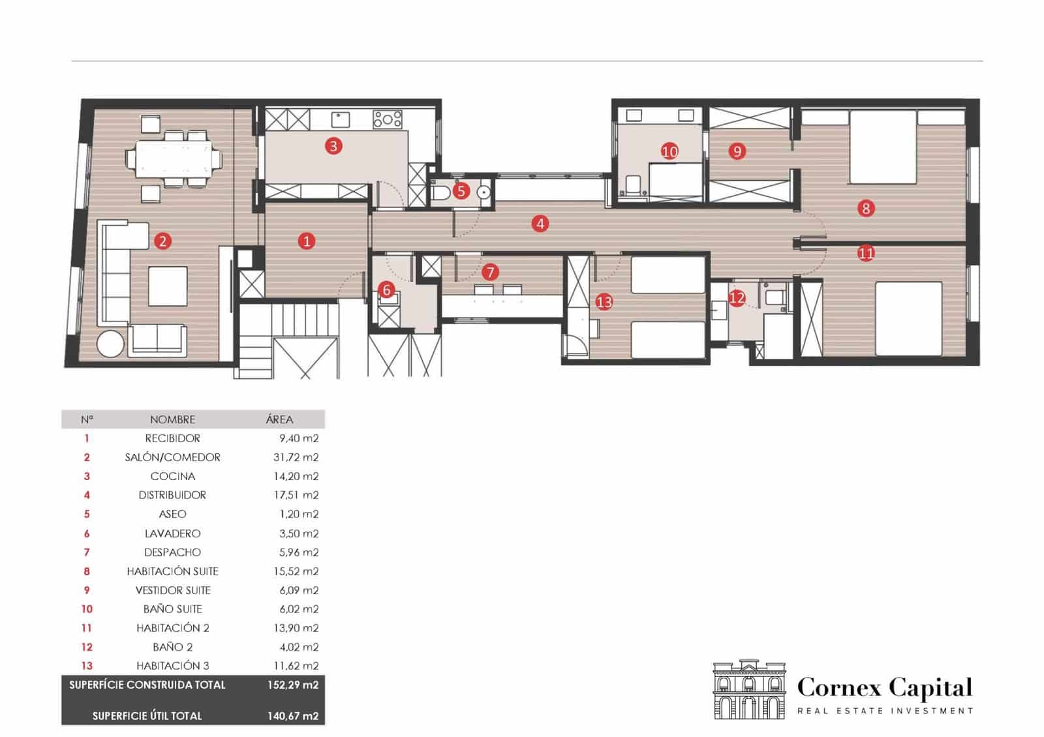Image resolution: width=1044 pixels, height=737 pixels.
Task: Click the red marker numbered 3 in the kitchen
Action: pos(333,145)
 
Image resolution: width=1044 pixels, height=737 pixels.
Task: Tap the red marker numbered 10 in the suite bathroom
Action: pos(669,151)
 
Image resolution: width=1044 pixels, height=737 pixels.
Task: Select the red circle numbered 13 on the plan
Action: pos(604,301)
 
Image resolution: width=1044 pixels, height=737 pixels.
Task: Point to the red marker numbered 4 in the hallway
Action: pos(540,224)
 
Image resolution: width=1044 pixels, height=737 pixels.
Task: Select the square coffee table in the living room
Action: pos(168,286)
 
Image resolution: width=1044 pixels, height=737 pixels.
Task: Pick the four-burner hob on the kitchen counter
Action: pos(387,119)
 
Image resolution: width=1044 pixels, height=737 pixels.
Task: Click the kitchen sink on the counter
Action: pos(340,119)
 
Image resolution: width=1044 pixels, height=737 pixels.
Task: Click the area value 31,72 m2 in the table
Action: pos(296,457)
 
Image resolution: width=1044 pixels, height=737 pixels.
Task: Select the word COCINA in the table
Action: pos(172,476)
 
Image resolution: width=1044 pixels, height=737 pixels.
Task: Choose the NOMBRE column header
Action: pos(172,419)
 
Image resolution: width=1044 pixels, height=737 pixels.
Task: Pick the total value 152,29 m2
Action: pos(292,685)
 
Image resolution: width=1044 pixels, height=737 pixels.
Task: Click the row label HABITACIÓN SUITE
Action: pos(172,571)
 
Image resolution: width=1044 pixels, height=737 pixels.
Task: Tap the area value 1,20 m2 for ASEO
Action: pos(298,514)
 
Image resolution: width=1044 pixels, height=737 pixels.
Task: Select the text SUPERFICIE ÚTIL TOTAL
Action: pos(147,715)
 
